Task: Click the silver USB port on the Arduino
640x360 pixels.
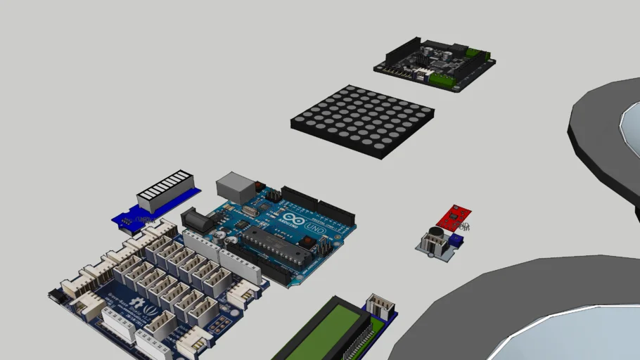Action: click(x=236, y=186)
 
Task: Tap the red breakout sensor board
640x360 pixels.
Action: click(x=454, y=217)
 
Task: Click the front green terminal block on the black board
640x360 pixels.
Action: click(x=442, y=80)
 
